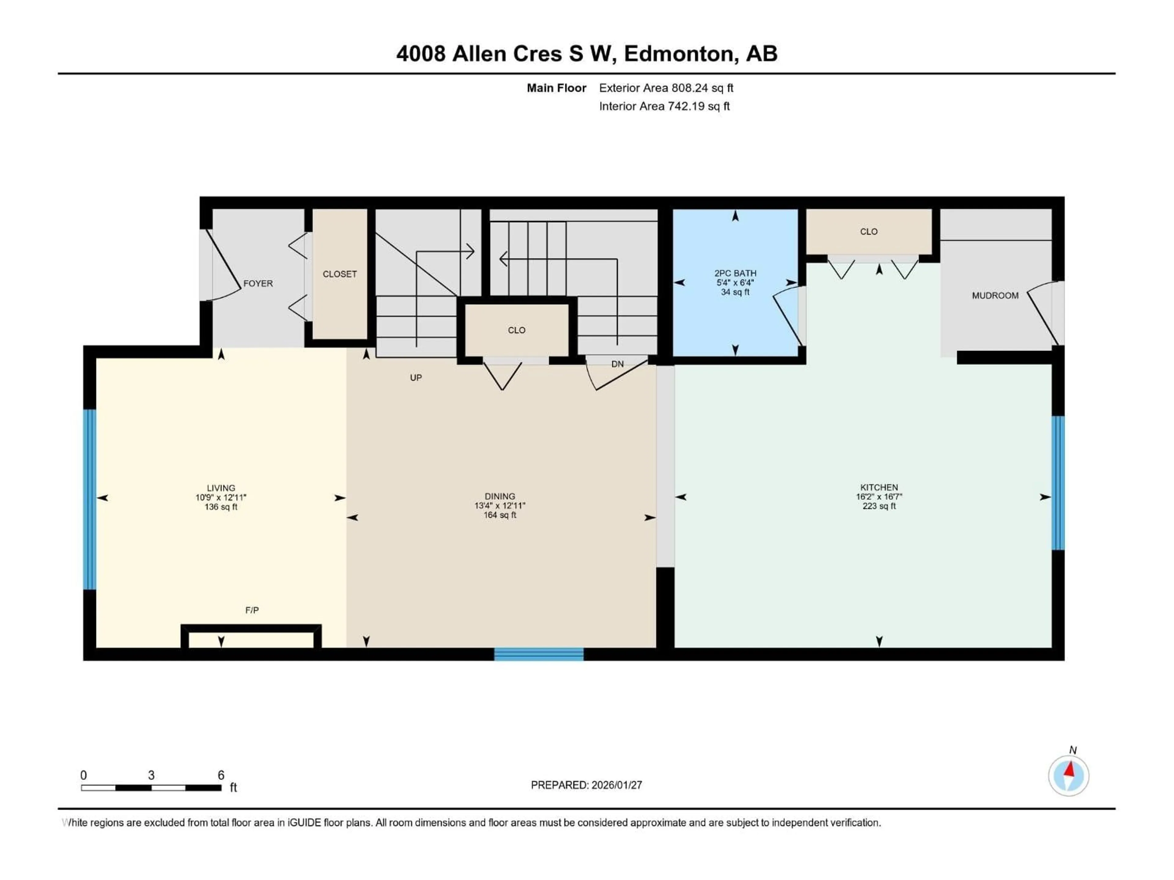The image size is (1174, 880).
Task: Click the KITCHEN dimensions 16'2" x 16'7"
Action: [x=879, y=497]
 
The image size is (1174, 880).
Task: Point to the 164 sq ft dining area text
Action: [x=500, y=515]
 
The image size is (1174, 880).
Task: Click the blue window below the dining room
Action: [x=539, y=654]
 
